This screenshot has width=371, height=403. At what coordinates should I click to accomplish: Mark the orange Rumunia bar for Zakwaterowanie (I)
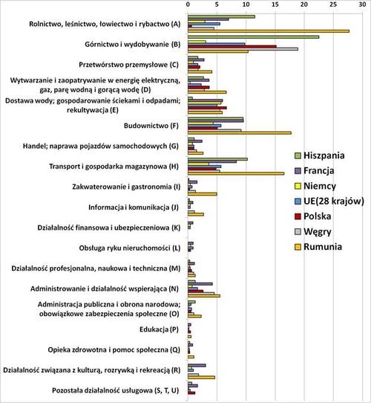tap(203, 193)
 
